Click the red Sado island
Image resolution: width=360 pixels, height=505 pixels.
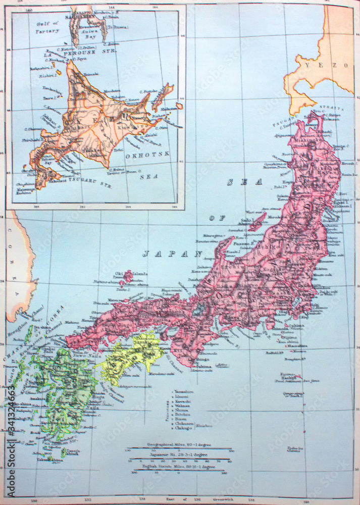[257, 221]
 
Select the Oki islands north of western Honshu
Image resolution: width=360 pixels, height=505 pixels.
[126, 276]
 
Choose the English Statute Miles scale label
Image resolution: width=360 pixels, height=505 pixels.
[179, 467]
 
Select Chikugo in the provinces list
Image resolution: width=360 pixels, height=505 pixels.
[183, 428]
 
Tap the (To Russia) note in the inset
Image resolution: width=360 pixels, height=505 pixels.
[117, 27]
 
